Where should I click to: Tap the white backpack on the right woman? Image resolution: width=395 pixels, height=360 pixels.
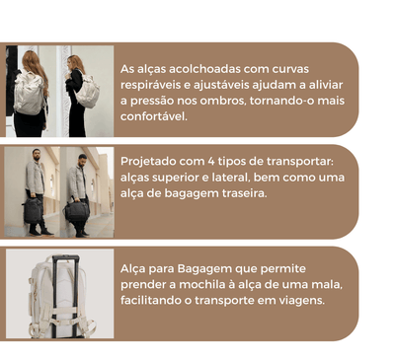pyautogui.click(x=89, y=92)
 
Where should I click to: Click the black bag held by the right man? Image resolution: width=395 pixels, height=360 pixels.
pyautogui.click(x=77, y=209)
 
